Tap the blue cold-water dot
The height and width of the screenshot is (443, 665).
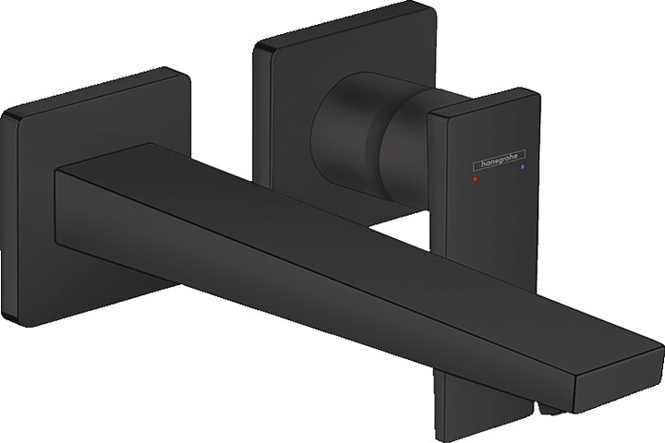522,172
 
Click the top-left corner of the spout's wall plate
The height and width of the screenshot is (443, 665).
7,114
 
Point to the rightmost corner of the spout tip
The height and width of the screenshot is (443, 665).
660,346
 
